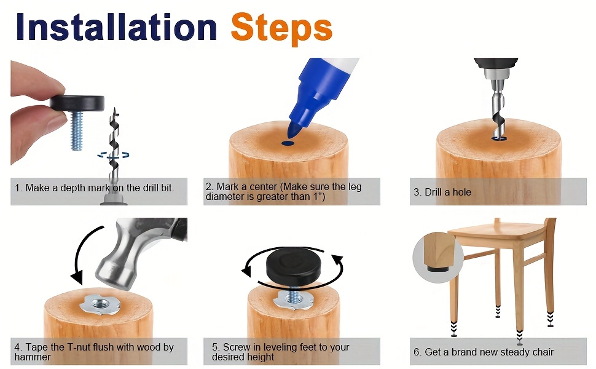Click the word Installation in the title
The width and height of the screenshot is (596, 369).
pos(116,26)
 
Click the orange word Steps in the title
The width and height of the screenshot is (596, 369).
pos(281,29)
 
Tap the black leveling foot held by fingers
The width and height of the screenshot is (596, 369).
pos(77,103)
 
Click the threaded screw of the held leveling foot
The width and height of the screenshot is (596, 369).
pos(77,130)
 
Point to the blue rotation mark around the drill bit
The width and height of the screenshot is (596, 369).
pos(113,155)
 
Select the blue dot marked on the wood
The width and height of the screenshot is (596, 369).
pos(288,143)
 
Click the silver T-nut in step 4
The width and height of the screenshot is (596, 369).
pos(100,304)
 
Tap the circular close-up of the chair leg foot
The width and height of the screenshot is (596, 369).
pos(438,257)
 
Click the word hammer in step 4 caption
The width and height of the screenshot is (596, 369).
pos(33,357)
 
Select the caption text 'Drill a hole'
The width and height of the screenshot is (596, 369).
pos(448,192)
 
